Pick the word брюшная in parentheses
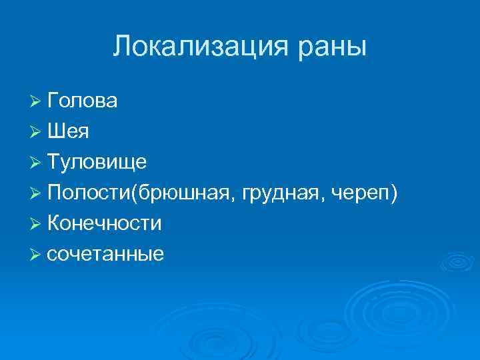[185, 193]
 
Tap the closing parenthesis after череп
[395, 193]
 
